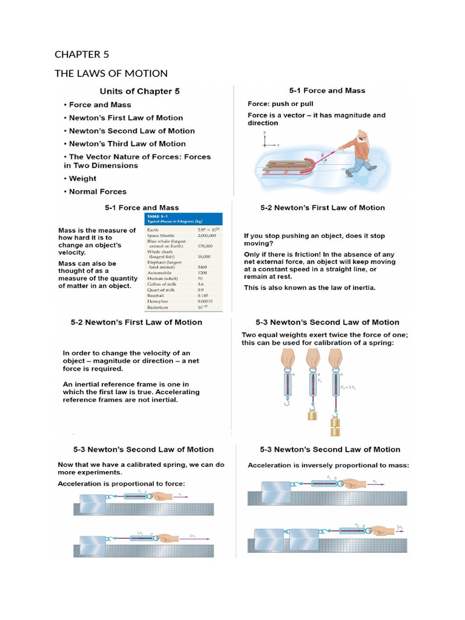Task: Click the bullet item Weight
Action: [x=82, y=179]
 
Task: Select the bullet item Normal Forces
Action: [x=97, y=192]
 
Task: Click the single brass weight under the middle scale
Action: [x=312, y=415]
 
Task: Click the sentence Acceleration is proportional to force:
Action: [x=121, y=484]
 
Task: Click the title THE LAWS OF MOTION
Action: [x=111, y=73]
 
